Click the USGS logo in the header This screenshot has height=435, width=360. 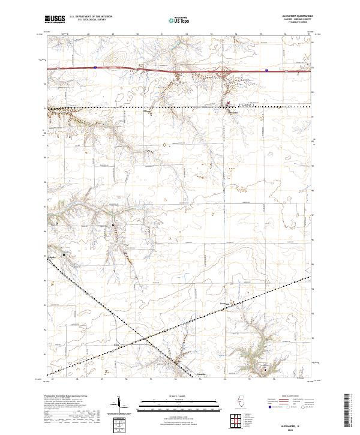coord(56,19)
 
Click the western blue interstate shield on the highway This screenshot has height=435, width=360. coord(95,68)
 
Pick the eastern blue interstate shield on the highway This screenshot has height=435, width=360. coord(266,70)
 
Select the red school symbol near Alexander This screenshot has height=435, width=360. coord(228,102)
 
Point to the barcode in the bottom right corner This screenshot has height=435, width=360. coord(349,414)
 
